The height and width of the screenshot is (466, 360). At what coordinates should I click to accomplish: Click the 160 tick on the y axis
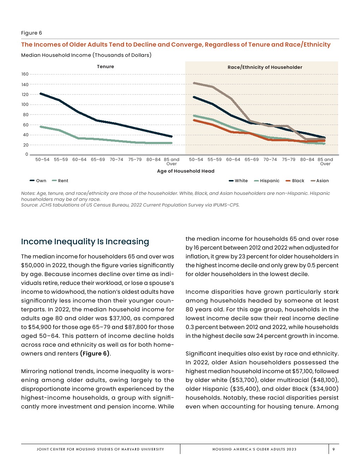click(25, 74)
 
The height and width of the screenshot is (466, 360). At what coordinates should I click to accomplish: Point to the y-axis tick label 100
click(25, 104)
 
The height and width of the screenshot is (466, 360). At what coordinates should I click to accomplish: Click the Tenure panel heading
click(106, 66)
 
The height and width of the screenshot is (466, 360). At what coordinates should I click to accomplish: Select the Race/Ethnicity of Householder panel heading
click(265, 67)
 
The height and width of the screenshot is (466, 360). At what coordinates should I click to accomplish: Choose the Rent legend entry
click(60, 181)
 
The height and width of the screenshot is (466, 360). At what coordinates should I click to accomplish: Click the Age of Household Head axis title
click(186, 171)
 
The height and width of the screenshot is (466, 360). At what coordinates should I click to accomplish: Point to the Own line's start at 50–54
click(41, 94)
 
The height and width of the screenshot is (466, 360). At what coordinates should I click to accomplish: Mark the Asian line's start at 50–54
click(194, 83)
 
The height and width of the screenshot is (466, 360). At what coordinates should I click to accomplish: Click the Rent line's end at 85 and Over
click(171, 143)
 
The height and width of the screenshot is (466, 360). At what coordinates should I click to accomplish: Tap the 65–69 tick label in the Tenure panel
click(98, 160)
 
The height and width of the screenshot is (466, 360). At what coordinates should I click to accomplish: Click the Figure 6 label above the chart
click(31, 33)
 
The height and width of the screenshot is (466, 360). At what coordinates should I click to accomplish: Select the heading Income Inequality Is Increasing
click(85, 241)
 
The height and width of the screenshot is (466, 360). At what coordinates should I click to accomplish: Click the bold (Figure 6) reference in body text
click(95, 353)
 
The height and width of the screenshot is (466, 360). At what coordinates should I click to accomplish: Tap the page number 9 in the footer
click(334, 449)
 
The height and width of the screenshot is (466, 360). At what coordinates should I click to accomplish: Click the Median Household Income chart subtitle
click(86, 55)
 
